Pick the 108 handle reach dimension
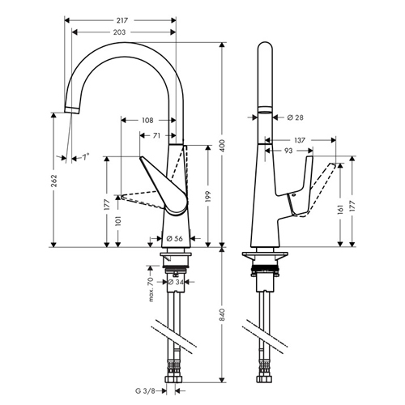coord(147,121)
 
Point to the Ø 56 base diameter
coord(173,239)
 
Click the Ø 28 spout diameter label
coord(294,118)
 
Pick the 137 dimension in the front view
coord(299,139)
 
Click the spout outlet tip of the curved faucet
coord(71,108)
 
